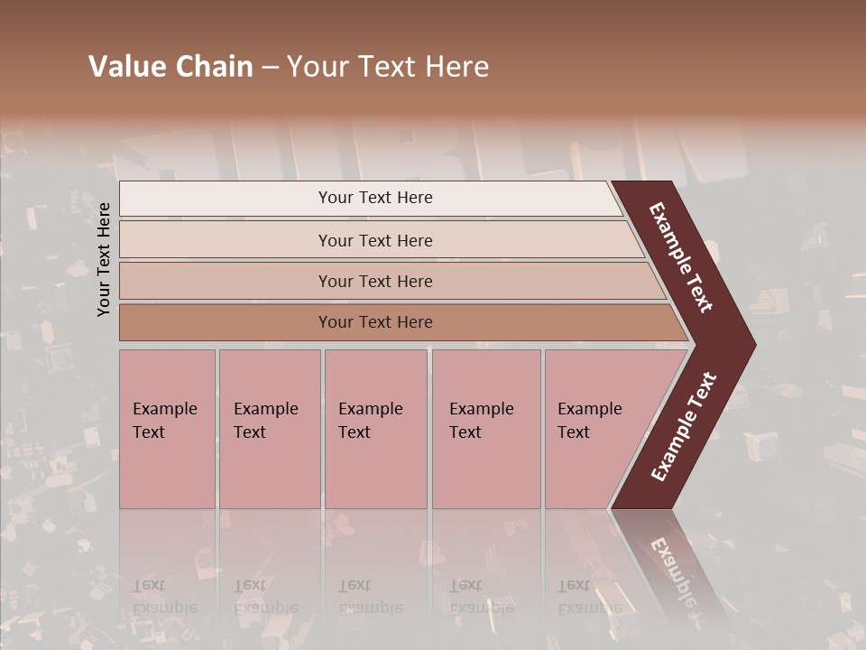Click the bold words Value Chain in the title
170,67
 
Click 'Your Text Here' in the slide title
388,67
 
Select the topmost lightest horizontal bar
226,199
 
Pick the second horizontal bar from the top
226,240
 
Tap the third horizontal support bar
226,281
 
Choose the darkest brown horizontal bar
226,322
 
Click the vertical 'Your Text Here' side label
105,259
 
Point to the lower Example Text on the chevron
684,427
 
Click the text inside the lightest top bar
375,198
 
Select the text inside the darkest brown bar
375,322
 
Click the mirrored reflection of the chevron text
672,573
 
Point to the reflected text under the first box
164,597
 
